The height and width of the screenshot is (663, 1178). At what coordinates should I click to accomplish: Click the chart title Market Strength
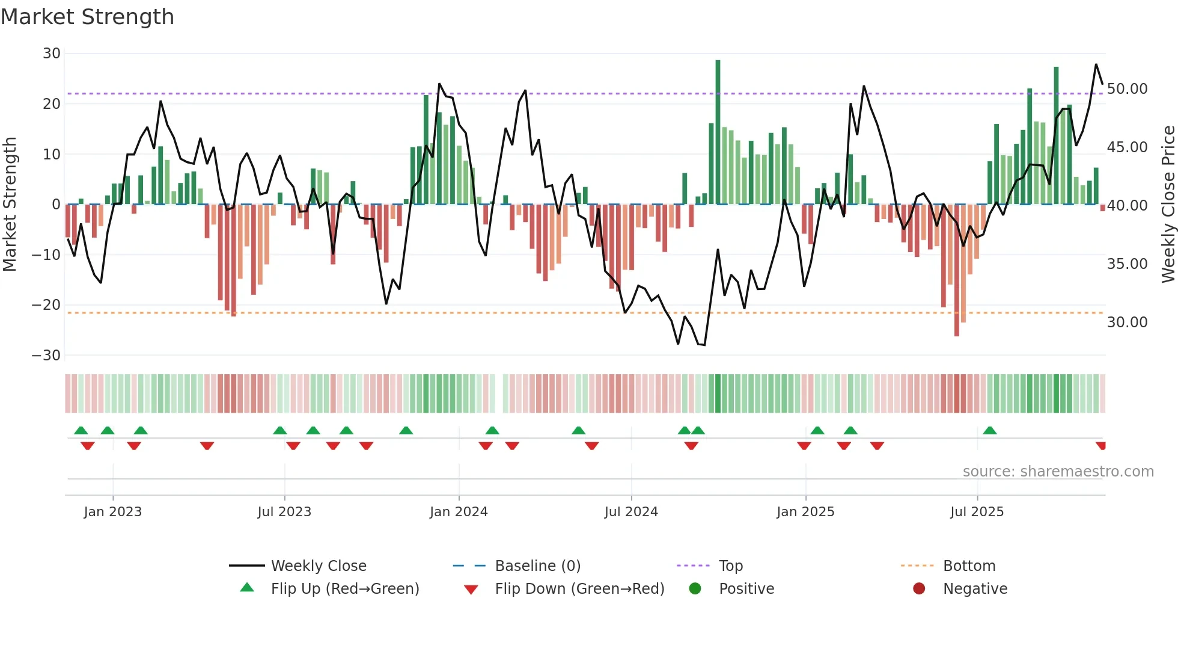(87, 17)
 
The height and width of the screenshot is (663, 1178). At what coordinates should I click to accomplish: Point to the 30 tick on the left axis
(52, 54)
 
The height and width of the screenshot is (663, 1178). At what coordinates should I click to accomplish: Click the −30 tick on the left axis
(46, 356)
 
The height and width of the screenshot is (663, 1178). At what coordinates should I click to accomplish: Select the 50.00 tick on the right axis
(1127, 89)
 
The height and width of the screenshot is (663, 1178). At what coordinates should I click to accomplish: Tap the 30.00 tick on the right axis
(1127, 322)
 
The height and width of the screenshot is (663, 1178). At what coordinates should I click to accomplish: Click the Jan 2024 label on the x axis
(459, 512)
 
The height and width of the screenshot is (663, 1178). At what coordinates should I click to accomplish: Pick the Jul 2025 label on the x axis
(977, 512)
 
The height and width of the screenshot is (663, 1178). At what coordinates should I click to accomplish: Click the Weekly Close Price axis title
(1168, 205)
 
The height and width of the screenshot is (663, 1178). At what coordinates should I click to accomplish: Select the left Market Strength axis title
(10, 205)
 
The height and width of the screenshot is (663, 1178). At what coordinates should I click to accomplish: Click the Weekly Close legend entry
(318, 566)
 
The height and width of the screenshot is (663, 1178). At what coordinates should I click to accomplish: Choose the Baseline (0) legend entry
(537, 566)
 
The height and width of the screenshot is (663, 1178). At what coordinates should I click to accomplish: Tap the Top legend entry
(730, 566)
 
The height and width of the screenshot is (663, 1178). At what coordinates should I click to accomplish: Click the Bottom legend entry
(969, 566)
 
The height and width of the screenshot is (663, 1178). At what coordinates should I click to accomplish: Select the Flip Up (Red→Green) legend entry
(344, 589)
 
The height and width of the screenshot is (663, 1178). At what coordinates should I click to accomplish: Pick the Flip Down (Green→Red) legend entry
(579, 589)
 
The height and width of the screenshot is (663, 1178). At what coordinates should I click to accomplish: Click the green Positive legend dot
(695, 589)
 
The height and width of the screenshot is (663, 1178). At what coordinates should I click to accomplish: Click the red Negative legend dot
(919, 589)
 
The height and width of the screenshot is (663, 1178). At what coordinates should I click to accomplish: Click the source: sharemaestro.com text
(1058, 472)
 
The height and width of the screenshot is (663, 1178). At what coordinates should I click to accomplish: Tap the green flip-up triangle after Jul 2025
(990, 431)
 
